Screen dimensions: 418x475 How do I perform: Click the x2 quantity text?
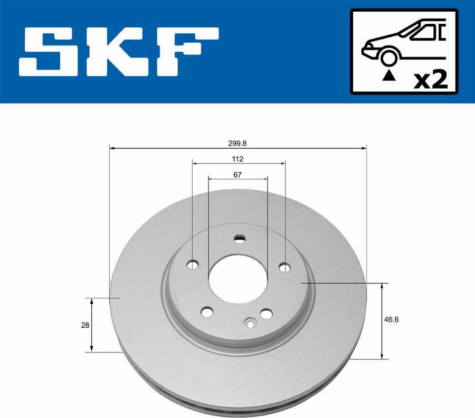[x=430, y=80]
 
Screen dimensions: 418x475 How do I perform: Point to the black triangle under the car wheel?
[x=389, y=76]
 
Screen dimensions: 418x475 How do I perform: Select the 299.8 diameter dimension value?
[x=237, y=142]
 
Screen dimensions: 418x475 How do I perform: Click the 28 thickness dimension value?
[x=85, y=325]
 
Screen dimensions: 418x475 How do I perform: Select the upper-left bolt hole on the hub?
[x=194, y=264]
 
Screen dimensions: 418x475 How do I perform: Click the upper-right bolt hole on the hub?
[x=284, y=268]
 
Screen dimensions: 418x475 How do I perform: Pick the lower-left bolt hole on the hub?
[x=207, y=312]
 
